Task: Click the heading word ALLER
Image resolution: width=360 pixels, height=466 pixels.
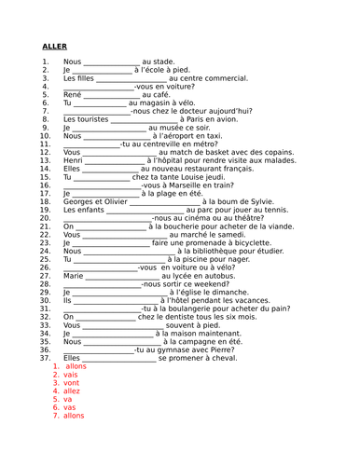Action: pyautogui.click(x=55, y=46)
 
